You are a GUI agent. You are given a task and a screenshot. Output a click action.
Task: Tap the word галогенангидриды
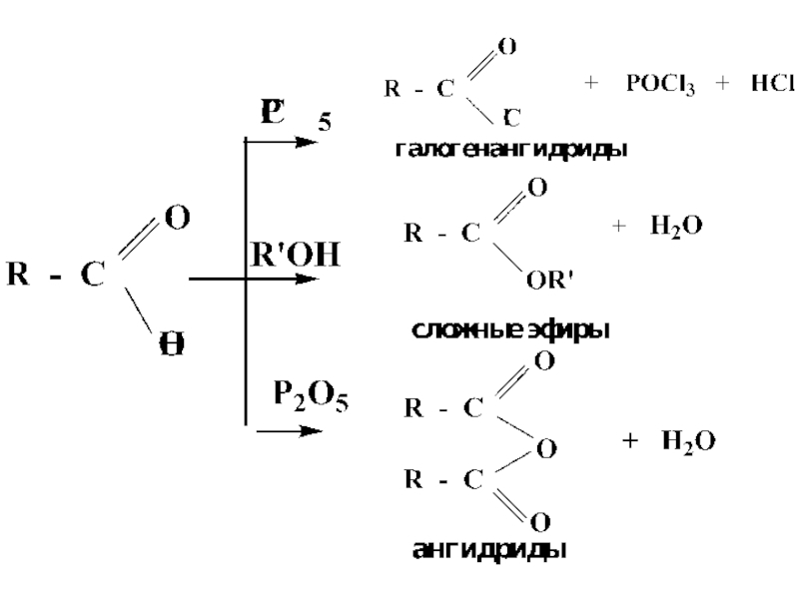(510, 151)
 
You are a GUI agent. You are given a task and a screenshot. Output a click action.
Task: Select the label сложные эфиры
(511, 329)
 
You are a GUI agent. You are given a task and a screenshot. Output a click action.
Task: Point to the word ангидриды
(489, 548)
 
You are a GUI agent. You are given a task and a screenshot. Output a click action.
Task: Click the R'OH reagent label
(295, 255)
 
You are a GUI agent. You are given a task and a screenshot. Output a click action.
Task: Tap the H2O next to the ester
(676, 228)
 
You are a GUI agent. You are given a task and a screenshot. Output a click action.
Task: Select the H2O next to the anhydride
(686, 440)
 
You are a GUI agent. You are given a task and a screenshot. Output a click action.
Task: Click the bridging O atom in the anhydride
(545, 449)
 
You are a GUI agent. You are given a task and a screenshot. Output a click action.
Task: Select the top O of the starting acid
(178, 219)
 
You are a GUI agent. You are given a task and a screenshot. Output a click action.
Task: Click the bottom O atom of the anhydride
(539, 521)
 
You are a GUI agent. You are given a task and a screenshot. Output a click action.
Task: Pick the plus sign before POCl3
(592, 85)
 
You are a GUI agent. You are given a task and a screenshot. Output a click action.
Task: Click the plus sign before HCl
(722, 85)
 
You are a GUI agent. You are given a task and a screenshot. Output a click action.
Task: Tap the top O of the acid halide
(506, 45)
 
